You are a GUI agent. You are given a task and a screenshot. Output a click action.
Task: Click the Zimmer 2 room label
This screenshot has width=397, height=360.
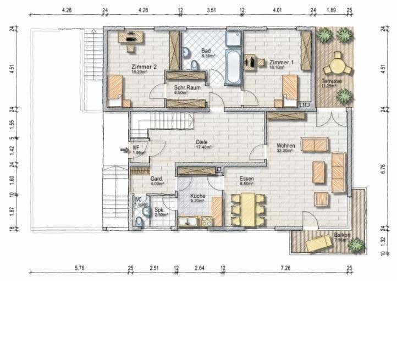coord(144,67)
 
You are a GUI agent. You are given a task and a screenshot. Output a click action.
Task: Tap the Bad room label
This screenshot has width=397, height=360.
coord(206,51)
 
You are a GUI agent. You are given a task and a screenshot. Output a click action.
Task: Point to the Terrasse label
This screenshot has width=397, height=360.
coord(332,81)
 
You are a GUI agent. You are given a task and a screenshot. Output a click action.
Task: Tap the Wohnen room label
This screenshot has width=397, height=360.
coord(286,146)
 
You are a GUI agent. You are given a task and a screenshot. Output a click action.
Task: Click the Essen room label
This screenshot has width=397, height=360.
coord(247,179)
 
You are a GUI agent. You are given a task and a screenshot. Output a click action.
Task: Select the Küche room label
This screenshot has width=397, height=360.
coord(197,196)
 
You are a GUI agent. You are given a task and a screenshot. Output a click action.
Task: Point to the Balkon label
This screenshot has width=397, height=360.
coord(341,236)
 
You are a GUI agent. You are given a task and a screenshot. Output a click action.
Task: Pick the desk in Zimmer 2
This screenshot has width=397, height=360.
coord(131,37)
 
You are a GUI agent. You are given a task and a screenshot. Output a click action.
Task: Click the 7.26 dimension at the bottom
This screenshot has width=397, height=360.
coord(285,268)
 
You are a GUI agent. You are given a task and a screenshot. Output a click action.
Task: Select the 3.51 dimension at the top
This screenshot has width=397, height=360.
coord(211,10)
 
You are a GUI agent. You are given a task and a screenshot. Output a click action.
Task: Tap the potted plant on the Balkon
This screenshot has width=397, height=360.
coord(356,244)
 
